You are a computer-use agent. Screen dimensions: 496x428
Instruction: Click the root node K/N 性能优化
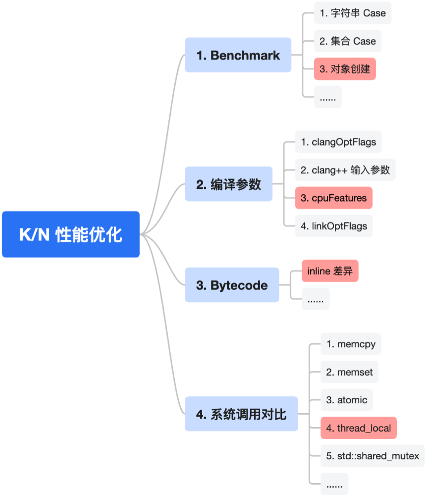point(71,234)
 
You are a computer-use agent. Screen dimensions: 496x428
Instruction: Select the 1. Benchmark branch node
point(238,55)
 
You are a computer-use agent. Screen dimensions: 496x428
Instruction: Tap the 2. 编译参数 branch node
point(228,184)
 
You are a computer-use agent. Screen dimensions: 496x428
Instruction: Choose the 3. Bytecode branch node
point(231,285)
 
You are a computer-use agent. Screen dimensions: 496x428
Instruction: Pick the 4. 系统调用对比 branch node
point(241,414)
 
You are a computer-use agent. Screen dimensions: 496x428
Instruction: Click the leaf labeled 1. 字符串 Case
point(352,13)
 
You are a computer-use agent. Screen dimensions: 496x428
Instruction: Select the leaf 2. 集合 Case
point(347,41)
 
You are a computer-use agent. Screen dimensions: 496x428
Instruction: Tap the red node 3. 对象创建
point(345,69)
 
